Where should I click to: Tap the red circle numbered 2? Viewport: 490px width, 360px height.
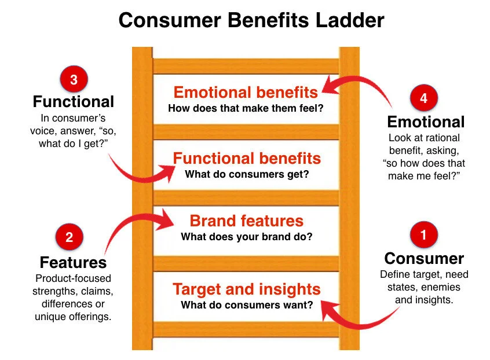pyautogui.click(x=70, y=237)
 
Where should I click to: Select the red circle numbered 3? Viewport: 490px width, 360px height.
pyautogui.click(x=74, y=80)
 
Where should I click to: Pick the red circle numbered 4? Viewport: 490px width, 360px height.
pyautogui.click(x=423, y=98)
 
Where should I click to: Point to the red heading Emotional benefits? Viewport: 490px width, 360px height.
pyautogui.click(x=246, y=93)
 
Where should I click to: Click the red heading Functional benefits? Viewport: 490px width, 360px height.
pyautogui.click(x=246, y=159)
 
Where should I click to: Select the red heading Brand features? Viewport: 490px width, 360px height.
pyautogui.click(x=246, y=221)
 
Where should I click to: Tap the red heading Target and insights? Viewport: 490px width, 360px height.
pyautogui.click(x=246, y=289)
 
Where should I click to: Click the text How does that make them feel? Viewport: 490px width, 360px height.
pyautogui.click(x=246, y=108)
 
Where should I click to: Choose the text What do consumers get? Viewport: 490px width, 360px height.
pyautogui.click(x=246, y=174)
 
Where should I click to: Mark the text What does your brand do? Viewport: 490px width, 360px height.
pyautogui.click(x=246, y=236)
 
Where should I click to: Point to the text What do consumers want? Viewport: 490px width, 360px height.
pyautogui.click(x=246, y=304)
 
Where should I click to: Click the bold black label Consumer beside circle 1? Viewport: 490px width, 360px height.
pyautogui.click(x=424, y=258)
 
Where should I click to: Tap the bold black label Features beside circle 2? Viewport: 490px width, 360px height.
pyautogui.click(x=73, y=262)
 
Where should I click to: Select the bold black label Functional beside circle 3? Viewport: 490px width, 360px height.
pyautogui.click(x=74, y=102)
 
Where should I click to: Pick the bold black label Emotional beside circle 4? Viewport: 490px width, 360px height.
pyautogui.click(x=426, y=122)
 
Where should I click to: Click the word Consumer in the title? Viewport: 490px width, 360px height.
pyautogui.click(x=171, y=21)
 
